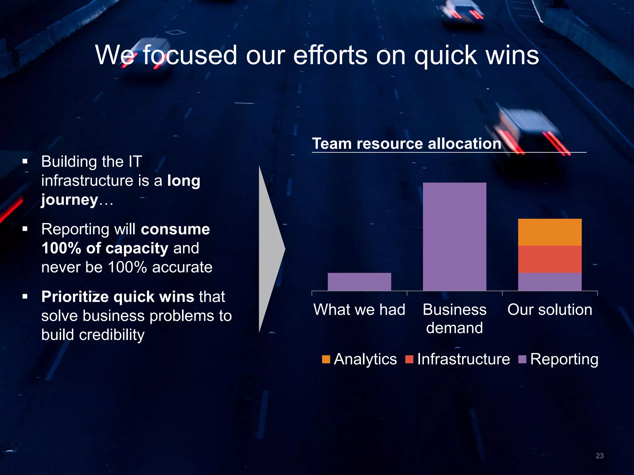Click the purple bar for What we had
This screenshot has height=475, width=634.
[x=359, y=281]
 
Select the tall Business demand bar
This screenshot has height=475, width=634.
[x=454, y=237]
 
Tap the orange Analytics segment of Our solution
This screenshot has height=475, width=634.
[x=549, y=232]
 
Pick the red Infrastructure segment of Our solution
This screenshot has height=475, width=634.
[x=549, y=259]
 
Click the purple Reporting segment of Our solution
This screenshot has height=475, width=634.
[x=549, y=281]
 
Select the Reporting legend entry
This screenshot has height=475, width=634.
[x=558, y=359]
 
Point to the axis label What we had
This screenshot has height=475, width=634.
[x=359, y=309]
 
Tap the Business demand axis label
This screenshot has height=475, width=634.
[x=454, y=319]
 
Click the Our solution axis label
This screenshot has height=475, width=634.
[x=549, y=309]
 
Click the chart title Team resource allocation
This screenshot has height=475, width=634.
[x=406, y=143]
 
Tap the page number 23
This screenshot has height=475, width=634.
[x=599, y=456]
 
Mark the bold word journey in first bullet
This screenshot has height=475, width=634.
[x=70, y=200]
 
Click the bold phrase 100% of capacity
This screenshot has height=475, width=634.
[x=105, y=248]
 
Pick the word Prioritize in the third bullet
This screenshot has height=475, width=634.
[x=75, y=297]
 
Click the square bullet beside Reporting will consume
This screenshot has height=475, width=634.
[x=25, y=229]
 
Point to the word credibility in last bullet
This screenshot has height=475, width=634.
[x=111, y=335]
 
